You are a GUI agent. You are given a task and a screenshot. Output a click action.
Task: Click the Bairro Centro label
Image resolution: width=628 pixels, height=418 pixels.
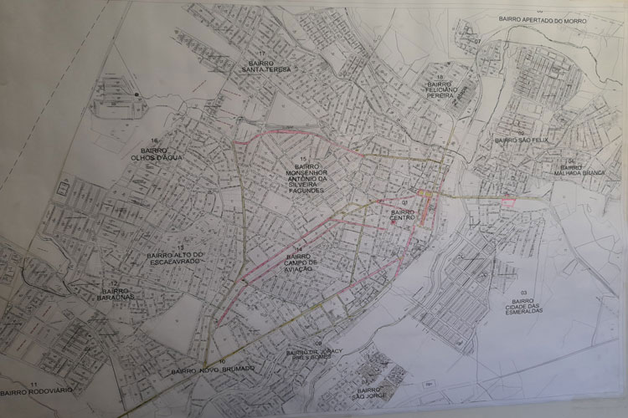click(x=403, y=217)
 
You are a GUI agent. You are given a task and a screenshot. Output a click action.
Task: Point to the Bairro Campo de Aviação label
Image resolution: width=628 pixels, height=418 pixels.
click(x=297, y=267)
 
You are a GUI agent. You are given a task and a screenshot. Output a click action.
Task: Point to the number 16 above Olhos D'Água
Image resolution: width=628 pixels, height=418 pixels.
click(x=152, y=140)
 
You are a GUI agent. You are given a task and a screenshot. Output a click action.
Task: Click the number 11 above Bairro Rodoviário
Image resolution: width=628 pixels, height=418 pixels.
click(x=34, y=380)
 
